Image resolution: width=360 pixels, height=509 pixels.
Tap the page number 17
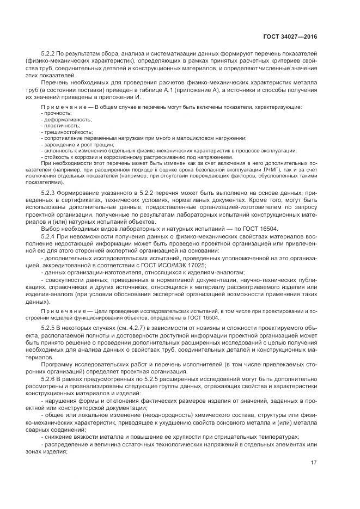click(314, 463)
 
